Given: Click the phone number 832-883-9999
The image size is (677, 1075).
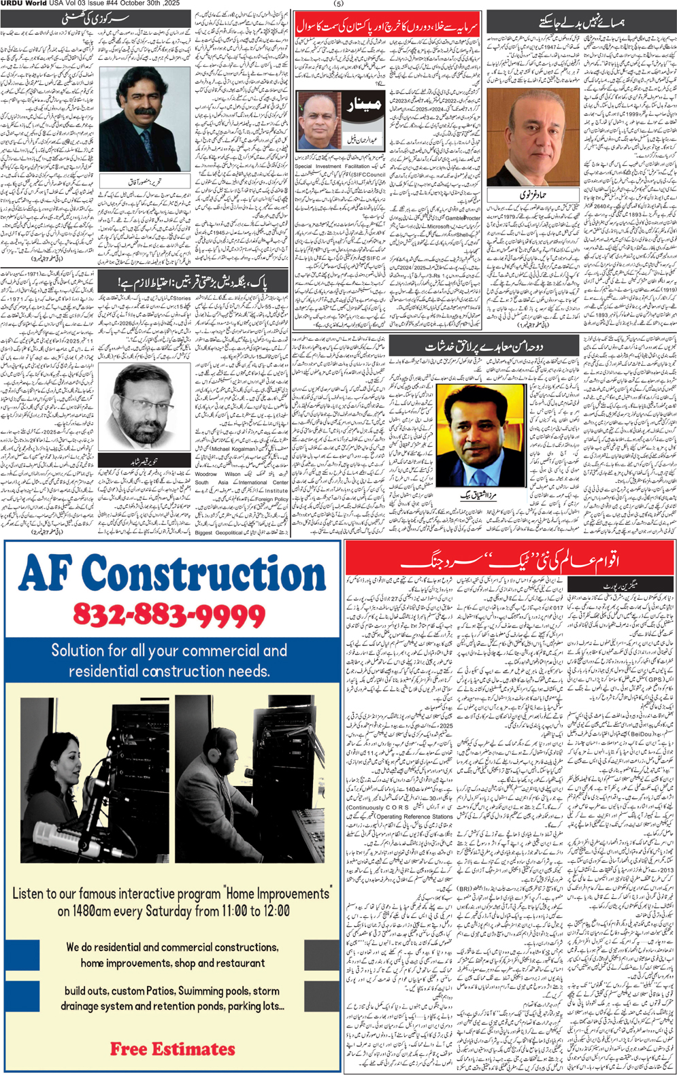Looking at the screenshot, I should [x=169, y=615].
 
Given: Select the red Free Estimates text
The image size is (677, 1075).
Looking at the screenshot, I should [x=172, y=1049].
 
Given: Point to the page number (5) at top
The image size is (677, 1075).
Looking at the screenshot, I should [x=338, y=4].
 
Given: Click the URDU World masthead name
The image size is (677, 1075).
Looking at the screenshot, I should [x=24, y=4].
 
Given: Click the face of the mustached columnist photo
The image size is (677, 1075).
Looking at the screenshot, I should [x=143, y=109].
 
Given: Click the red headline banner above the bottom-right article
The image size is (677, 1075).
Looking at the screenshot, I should [x=509, y=561].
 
